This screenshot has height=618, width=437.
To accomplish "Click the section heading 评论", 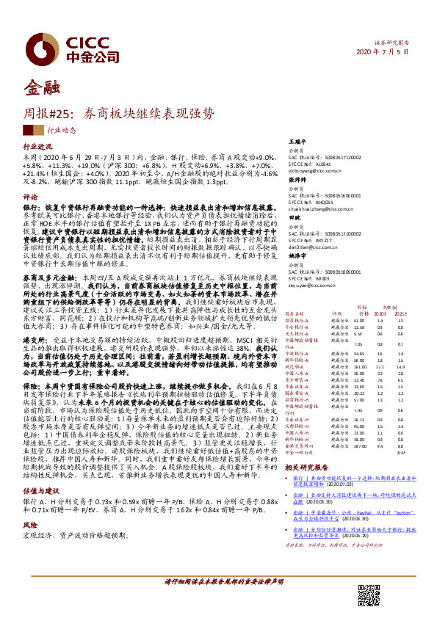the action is (29, 197).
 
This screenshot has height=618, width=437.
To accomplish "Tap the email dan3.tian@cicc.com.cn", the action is (306, 250).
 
